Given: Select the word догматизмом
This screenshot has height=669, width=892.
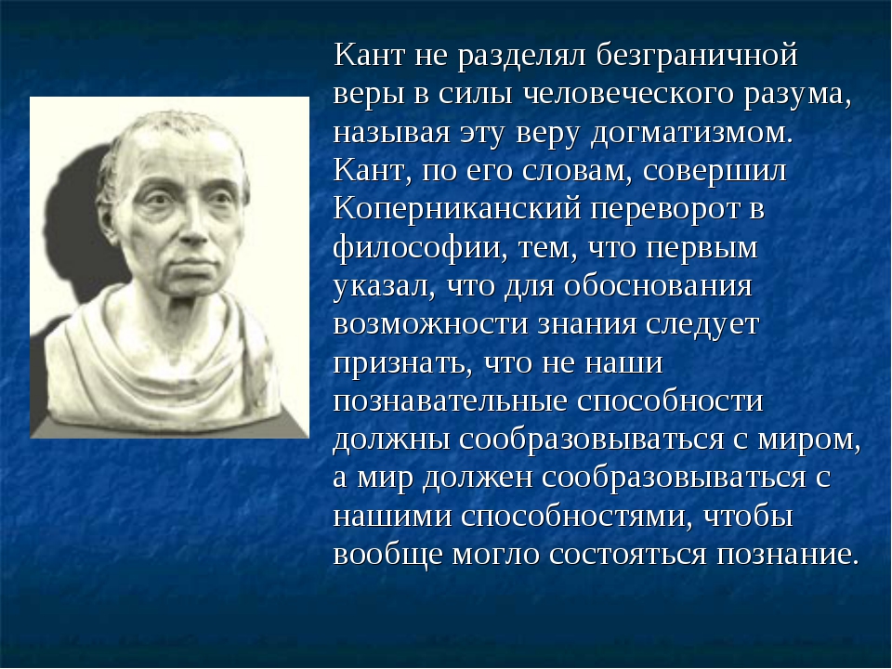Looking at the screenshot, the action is [691, 134].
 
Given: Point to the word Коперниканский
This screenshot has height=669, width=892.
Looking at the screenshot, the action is [457, 209].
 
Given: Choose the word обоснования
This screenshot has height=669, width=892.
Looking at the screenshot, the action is [658, 285].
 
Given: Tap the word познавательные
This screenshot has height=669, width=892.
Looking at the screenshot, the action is [451, 401].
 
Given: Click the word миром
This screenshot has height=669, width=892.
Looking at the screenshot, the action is [808, 439].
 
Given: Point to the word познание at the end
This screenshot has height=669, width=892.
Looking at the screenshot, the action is [787, 555].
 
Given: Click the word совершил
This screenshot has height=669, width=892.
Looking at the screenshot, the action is [715, 171].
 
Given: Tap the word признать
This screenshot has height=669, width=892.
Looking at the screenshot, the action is [402, 363].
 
